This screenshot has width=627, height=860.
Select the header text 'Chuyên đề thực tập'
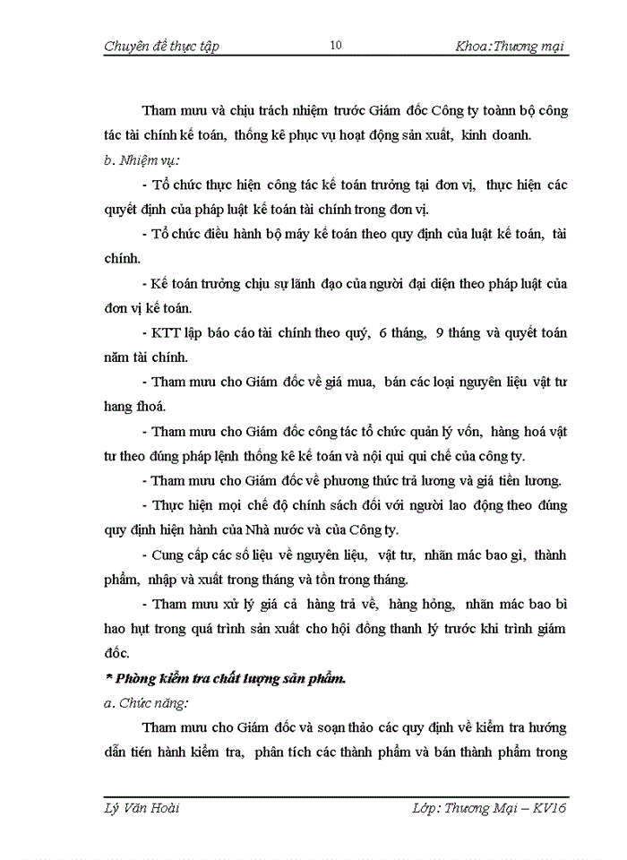click(x=161, y=46)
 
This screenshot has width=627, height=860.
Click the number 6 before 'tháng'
click(x=382, y=333)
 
